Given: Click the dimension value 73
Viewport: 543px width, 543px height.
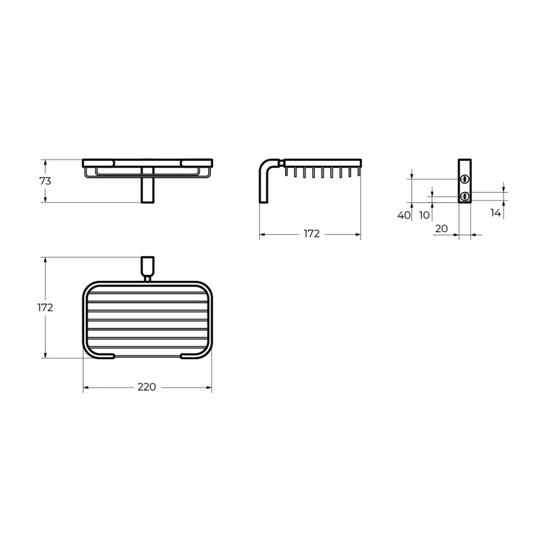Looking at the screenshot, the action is point(45,181).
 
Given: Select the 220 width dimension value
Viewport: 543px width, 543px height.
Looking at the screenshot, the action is point(147,387).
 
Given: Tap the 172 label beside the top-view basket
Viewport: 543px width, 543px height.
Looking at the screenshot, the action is point(45,307).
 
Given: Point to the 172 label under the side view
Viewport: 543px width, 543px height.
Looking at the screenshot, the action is point(312,233).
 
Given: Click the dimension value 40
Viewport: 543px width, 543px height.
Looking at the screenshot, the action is point(404,215).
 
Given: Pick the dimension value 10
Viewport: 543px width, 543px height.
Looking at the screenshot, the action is point(424,215).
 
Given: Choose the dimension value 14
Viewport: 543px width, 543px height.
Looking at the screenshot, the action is point(495,213).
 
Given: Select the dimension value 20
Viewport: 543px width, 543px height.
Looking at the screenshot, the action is point(441,229).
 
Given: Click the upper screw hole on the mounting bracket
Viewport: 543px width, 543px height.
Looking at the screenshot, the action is point(464,179).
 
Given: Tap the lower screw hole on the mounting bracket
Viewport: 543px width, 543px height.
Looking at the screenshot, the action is point(464,197).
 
